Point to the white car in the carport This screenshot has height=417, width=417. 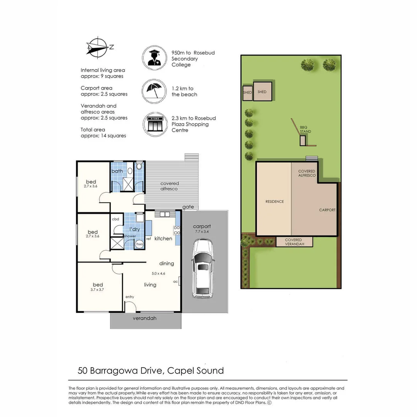[x=203, y=268]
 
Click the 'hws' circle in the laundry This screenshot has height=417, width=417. [x=139, y=244]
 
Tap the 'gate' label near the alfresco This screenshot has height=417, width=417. [x=188, y=207]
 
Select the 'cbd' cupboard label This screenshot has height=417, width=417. [x=115, y=219]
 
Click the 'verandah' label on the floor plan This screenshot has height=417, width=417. [x=145, y=319]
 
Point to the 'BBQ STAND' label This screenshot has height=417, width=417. [x=305, y=129]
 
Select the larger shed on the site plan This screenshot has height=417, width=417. [x=263, y=92]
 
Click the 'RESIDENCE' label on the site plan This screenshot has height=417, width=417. [x=275, y=202]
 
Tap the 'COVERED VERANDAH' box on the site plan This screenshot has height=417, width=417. [x=294, y=242]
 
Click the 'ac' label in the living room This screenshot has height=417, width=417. [x=175, y=281]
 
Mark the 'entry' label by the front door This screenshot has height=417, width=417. [x=129, y=297]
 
